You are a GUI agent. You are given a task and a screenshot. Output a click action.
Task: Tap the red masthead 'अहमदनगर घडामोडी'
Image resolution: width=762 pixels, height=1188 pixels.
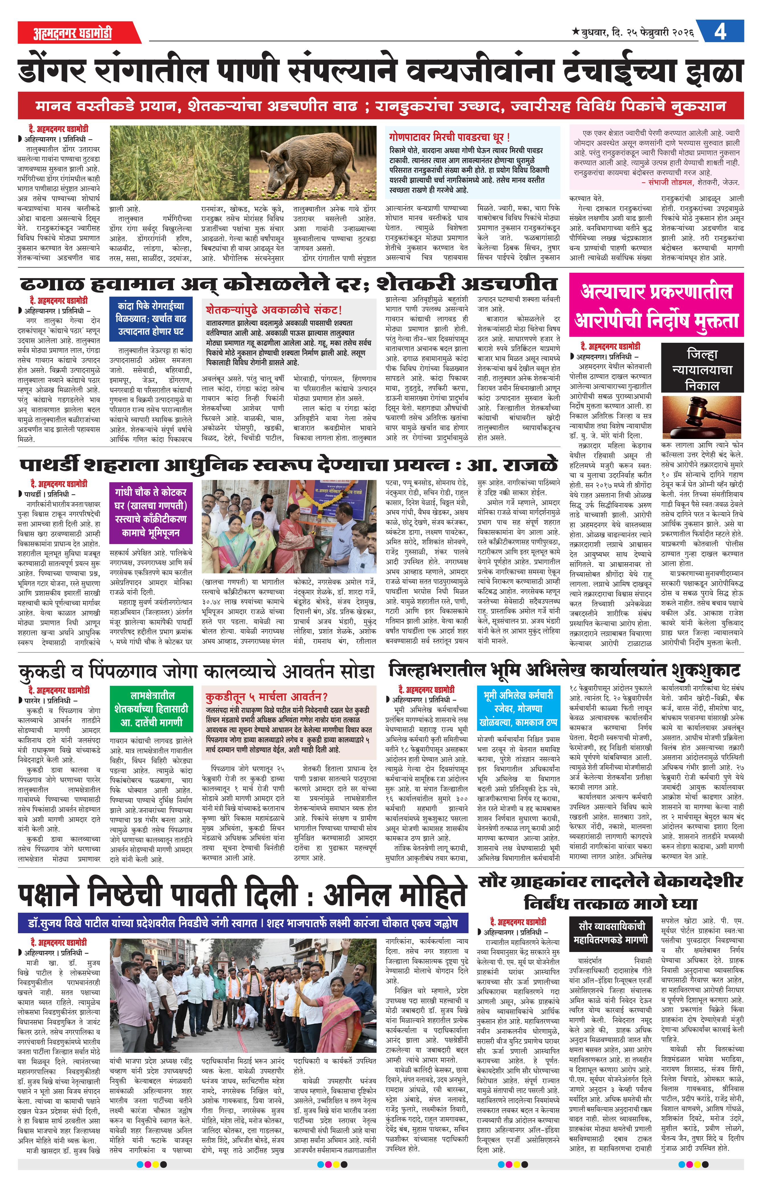73,33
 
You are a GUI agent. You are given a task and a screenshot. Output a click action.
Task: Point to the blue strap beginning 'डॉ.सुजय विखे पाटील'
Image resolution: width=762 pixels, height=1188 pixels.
243,923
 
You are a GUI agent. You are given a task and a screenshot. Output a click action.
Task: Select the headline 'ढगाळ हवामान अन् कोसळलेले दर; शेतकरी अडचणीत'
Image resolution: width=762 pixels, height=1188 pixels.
288,284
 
